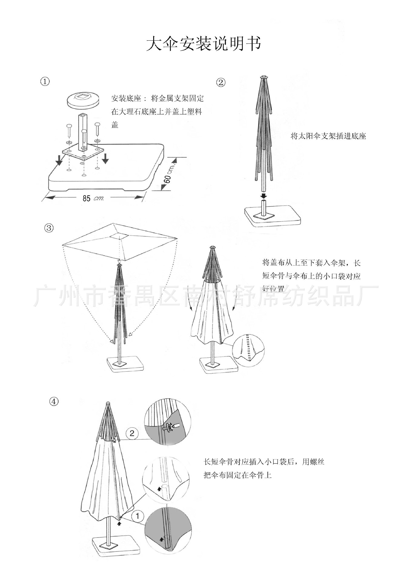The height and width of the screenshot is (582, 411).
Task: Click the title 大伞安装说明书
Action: [x=203, y=45]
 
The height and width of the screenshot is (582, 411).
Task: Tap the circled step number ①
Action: [x=45, y=82]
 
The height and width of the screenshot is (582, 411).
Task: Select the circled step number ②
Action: [x=221, y=82]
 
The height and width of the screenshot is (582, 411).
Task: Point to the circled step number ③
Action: [x=49, y=228]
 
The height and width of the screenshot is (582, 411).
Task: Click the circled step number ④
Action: [x=54, y=402]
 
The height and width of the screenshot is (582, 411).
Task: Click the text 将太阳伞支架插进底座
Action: [x=328, y=136]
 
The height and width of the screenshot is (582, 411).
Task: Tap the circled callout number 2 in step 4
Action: [x=132, y=433]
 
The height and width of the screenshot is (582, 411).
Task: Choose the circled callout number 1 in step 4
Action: [x=138, y=516]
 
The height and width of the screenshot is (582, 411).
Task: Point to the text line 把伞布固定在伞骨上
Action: [x=237, y=475]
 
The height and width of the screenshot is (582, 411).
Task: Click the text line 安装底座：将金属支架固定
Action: [x=157, y=99]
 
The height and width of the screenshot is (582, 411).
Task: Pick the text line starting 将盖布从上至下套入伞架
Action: [x=311, y=263]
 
